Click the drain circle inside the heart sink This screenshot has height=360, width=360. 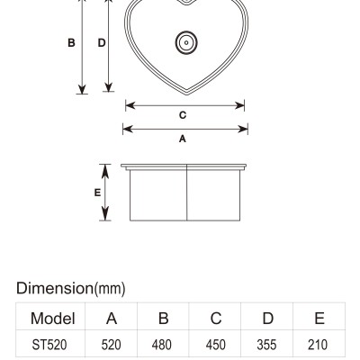coord(186,42)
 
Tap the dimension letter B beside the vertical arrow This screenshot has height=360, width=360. coord(71,43)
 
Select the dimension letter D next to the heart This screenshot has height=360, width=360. coord(102,43)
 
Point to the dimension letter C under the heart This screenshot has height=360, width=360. coord(183,115)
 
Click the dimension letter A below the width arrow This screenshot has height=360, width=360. coord(183,139)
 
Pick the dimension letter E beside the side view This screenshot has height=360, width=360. coord(97,193)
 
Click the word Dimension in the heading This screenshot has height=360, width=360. coord(55,288)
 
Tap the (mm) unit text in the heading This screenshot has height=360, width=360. coord(110,289)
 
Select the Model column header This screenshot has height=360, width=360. coord(53,319)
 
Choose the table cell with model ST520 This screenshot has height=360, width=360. coord(49,345)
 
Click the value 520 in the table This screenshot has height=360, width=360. coord(111,345)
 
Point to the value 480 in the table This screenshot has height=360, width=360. coord(162,345)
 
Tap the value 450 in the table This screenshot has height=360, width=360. coord(216,345)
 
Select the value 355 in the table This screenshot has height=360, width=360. coord(266,345)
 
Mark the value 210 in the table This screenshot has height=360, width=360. coord(318,345)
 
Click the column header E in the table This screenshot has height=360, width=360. coord(319,319)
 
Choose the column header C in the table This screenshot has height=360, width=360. coord(216,319)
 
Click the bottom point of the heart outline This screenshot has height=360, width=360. coord(186,94)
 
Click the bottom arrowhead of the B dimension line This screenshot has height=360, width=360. coord(82,89)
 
